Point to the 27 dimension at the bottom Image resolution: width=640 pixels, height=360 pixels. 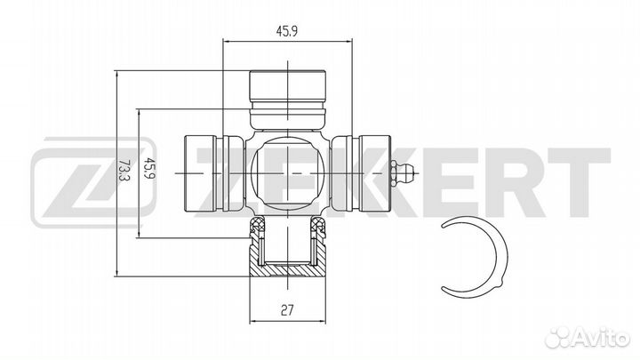287,312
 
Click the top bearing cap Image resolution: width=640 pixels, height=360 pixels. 287,85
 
